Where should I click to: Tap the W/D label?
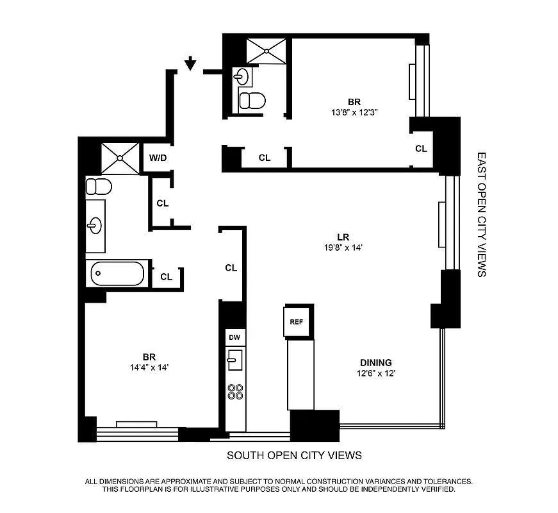157,157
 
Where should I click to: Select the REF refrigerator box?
296,323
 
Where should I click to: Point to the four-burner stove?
235,391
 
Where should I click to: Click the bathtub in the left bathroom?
118,274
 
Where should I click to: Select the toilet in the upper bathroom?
252,100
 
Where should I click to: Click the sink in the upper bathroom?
242,76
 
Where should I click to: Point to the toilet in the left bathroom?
99,187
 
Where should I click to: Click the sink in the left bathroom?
95,225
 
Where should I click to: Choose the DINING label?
375,362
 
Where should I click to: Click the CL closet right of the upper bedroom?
421,148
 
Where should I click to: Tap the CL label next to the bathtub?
166,277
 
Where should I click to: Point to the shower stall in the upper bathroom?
267,50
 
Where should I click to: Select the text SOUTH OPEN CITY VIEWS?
295,455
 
